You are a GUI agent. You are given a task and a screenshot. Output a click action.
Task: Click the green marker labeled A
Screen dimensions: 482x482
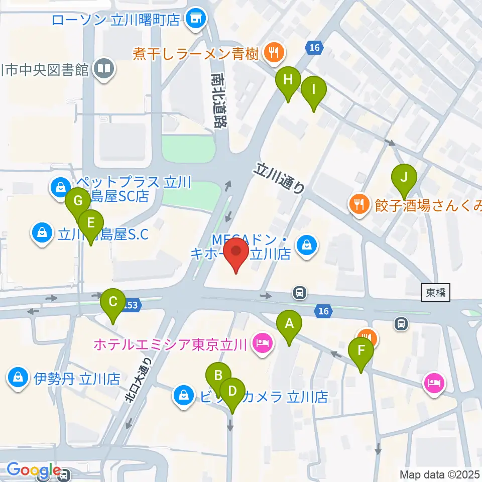[289, 327]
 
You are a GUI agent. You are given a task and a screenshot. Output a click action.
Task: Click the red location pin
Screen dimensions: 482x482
[235, 254]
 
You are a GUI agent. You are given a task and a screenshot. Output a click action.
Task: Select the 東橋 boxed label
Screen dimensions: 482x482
[435, 293]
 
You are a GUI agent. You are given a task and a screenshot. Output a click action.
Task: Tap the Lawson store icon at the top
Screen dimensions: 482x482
[193, 19]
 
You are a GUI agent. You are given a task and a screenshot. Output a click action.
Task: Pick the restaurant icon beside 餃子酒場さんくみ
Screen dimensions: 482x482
[358, 203]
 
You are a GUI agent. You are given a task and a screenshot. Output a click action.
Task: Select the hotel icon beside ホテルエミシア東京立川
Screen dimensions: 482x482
[262, 344]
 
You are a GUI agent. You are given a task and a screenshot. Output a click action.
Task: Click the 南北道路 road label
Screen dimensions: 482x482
[219, 100]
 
